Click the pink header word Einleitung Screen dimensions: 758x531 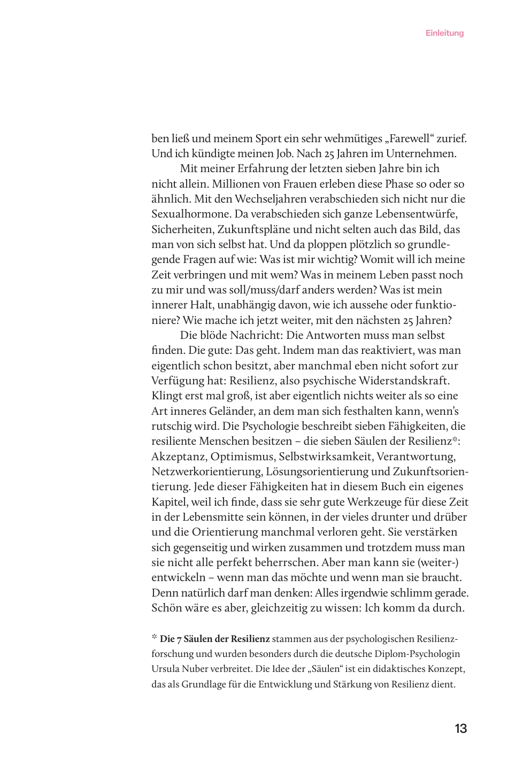pyautogui.click(x=444, y=33)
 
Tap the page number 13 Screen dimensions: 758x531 pyautogui.click(x=460, y=729)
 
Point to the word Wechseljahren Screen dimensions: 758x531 pyautogui.click(x=270, y=199)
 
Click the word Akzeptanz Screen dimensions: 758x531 pyautogui.click(x=178, y=457)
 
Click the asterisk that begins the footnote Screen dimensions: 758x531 pyautogui.click(x=154, y=637)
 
